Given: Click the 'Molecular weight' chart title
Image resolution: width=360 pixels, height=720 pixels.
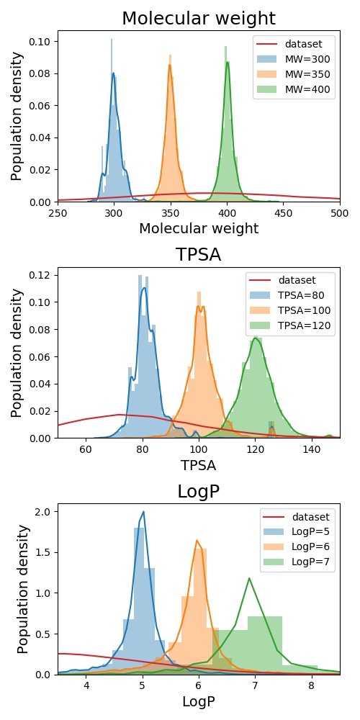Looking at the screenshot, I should (x=198, y=19).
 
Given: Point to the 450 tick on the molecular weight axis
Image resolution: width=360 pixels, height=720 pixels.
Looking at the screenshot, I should (x=284, y=213).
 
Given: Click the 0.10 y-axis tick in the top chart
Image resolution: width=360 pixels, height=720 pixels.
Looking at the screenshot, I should (x=42, y=42).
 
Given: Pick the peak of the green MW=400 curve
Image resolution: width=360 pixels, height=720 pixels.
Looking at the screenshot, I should (x=228, y=62).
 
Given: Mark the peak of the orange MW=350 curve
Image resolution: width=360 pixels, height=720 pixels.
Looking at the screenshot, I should (x=171, y=65).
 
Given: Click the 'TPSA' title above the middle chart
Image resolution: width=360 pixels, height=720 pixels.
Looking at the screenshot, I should (x=198, y=255).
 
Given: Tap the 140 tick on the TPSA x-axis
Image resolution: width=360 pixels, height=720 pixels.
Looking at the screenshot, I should (x=312, y=449).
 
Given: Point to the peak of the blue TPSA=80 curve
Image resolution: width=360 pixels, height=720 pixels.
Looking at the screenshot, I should (x=145, y=289).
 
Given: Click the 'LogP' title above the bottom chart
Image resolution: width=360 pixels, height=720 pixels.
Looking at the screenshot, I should (x=198, y=491).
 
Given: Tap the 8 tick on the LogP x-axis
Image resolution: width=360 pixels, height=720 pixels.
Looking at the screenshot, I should (x=311, y=686).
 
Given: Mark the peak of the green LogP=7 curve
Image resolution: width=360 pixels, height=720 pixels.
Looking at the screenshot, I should (x=249, y=578).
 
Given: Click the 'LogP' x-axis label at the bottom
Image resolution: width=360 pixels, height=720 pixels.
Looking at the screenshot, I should (x=198, y=701).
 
